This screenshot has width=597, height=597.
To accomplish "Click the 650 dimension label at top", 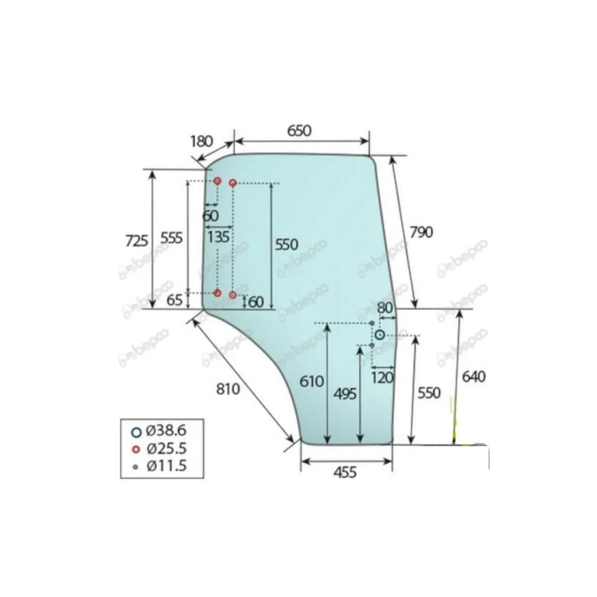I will [299, 130].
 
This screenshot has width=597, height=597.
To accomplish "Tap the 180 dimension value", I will [201, 141].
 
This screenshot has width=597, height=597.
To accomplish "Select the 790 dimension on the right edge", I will [421, 232].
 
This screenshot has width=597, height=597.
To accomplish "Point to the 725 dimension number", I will [136, 241].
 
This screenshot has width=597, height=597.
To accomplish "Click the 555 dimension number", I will [172, 238].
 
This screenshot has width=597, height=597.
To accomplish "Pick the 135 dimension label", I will [218, 236].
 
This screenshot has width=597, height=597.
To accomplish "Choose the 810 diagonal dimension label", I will [228, 389].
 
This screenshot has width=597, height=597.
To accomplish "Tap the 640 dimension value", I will [474, 377].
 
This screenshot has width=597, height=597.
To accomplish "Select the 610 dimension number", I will [312, 382].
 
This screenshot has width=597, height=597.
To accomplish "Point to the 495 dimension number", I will [345, 394].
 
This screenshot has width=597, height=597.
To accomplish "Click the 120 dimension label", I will [382, 377].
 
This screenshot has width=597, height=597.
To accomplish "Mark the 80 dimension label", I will [385, 307].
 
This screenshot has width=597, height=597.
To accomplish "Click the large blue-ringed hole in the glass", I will [380, 335].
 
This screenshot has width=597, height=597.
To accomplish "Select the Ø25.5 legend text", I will [166, 449].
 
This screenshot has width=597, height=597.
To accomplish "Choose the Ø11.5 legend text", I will [166, 467].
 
